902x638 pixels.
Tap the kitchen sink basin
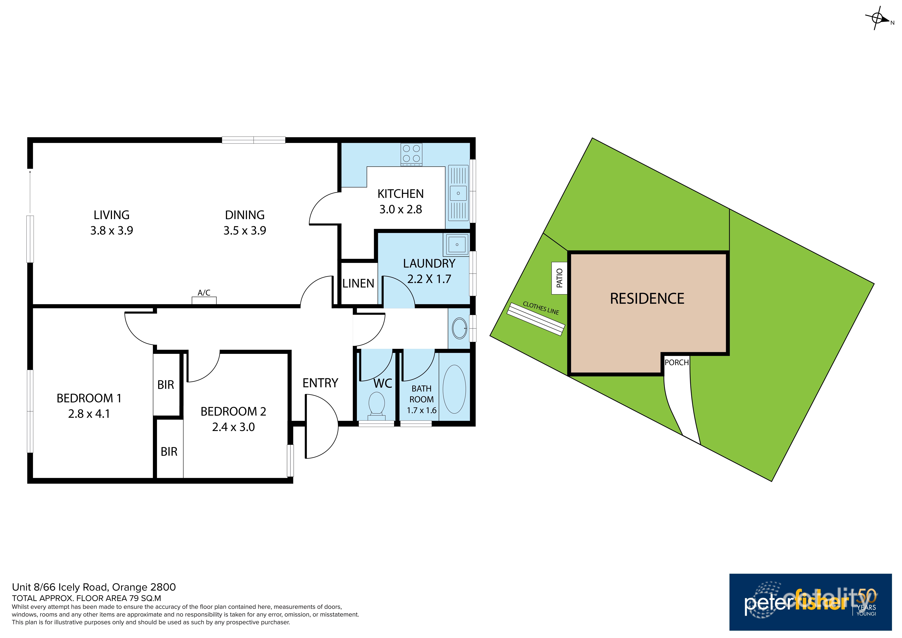pos(458,193)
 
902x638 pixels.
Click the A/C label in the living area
pos(204,293)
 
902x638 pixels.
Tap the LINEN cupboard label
pos(358,283)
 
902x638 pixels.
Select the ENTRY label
pos(320,383)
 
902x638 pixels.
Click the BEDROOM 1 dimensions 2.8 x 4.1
pos(89,414)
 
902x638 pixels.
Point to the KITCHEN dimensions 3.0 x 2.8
pos(400,209)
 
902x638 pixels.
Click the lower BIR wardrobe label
pos(169,452)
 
